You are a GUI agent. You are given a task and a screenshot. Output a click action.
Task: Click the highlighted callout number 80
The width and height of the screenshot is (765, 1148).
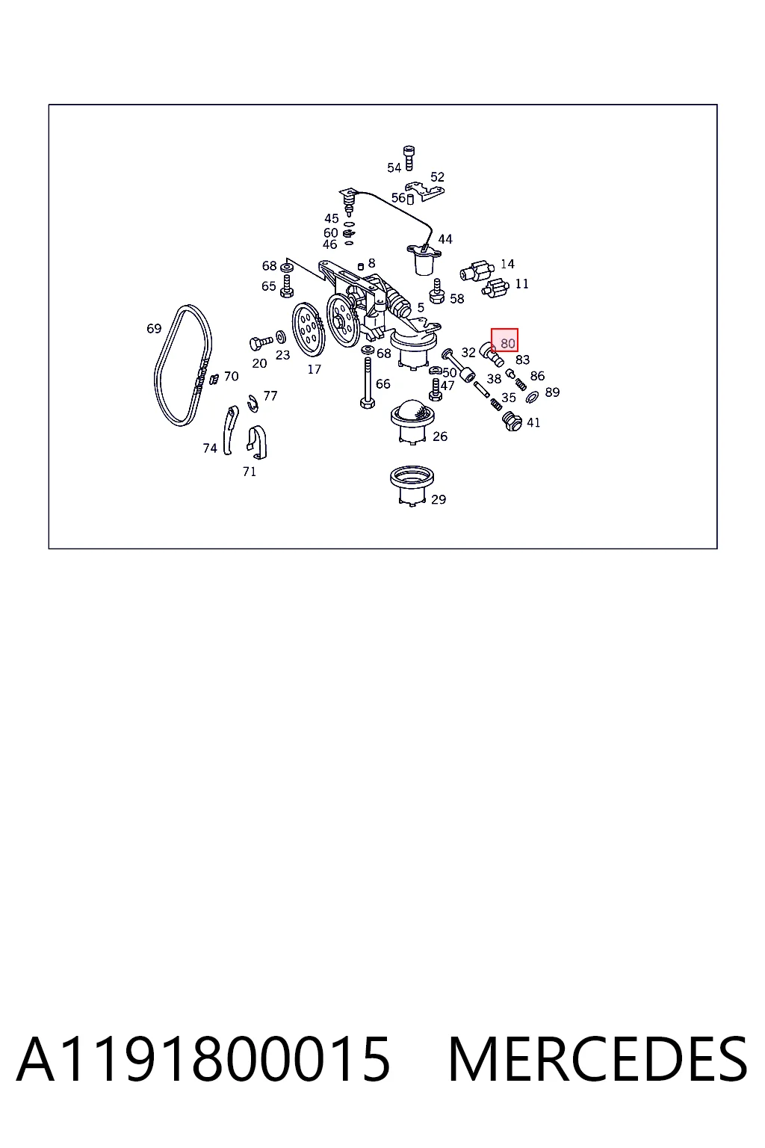click(507, 343)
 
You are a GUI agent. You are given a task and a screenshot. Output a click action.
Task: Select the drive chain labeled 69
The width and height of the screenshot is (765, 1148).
click(183, 365)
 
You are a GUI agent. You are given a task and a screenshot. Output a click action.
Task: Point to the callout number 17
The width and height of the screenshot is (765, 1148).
click(314, 369)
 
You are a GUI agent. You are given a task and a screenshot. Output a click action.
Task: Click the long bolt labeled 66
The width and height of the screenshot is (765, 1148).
click(368, 383)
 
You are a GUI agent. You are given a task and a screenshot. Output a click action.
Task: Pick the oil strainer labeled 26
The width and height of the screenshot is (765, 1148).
click(412, 422)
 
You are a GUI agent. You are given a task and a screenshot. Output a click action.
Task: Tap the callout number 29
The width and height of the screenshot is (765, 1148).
click(438, 499)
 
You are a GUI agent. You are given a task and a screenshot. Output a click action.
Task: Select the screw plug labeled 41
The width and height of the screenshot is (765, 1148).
click(512, 421)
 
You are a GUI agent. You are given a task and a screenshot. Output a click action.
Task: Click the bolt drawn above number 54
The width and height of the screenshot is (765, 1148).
click(409, 158)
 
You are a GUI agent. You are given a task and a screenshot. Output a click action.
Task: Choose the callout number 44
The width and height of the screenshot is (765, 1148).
click(445, 239)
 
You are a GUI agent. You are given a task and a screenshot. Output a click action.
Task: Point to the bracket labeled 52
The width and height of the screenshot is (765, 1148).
click(424, 191)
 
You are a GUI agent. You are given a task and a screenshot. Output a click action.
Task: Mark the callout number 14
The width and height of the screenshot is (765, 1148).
click(507, 264)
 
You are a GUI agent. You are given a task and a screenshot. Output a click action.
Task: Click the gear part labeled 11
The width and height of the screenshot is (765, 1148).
click(495, 288)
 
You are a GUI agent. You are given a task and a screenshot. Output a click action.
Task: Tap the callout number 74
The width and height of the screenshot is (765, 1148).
click(210, 448)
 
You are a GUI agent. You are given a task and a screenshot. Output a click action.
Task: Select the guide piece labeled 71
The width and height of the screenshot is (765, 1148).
click(256, 442)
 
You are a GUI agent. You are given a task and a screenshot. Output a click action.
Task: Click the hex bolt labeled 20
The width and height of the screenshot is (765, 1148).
click(261, 342)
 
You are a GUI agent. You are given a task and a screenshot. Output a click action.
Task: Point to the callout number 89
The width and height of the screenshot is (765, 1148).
click(552, 392)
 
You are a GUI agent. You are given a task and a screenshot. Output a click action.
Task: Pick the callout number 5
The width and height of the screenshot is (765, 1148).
click(421, 307)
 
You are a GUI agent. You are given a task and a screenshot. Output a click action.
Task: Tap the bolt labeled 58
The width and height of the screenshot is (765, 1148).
click(436, 291)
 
